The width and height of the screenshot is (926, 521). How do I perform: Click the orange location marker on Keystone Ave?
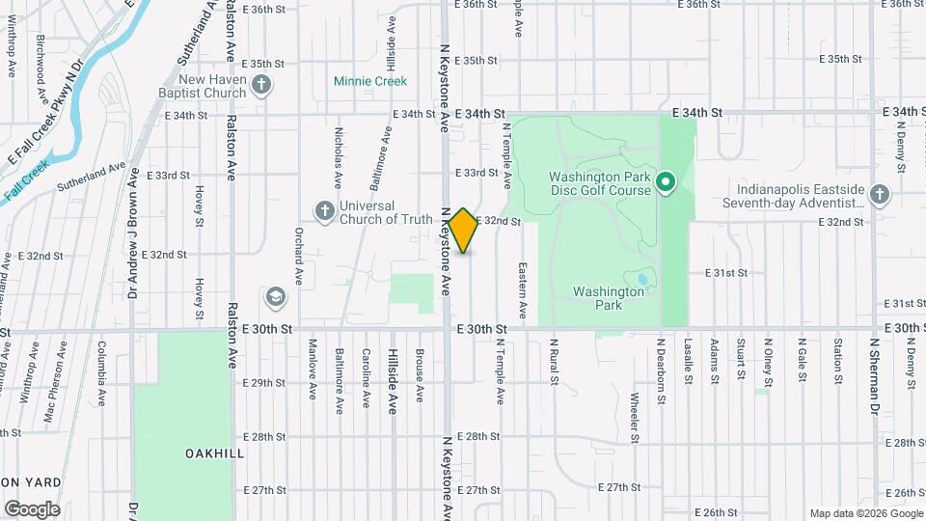tap(464, 231)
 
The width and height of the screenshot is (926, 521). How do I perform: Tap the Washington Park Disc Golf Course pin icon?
tap(666, 181)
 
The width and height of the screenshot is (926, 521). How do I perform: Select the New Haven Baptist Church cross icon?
tap(260, 86)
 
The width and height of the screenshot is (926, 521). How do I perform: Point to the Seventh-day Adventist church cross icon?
tap(878, 195)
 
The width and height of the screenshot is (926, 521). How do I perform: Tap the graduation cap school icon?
tap(276, 296)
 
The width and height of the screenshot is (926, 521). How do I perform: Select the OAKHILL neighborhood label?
tap(214, 452)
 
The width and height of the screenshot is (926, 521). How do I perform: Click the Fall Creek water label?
tap(26, 180)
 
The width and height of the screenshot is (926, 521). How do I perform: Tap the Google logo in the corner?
tap(32, 508)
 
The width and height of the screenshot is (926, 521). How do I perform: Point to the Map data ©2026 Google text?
tap(865, 513)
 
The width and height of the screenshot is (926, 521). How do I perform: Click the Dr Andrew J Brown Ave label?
tap(133, 232)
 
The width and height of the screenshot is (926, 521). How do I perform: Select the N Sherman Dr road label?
tap(875, 381)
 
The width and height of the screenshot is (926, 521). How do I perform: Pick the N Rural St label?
tap(555, 362)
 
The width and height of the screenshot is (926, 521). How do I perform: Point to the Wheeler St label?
tap(635, 418)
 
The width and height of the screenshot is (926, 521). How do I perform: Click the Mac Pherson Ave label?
tap(53, 393)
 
